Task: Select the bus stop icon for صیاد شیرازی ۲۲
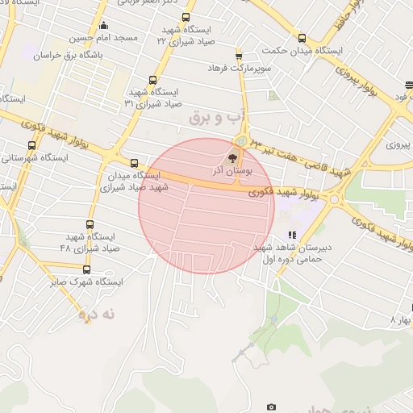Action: tap(186, 17)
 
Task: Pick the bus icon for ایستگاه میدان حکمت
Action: tap(302, 38)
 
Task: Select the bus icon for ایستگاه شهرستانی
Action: tap(31, 146)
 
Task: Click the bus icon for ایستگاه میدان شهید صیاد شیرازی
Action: tap(134, 162)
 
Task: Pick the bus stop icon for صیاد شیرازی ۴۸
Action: tap(90, 225)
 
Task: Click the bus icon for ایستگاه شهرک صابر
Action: tap(86, 270)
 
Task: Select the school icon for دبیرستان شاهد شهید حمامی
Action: tap(292, 235)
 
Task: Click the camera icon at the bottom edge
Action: tap(271, 407)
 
